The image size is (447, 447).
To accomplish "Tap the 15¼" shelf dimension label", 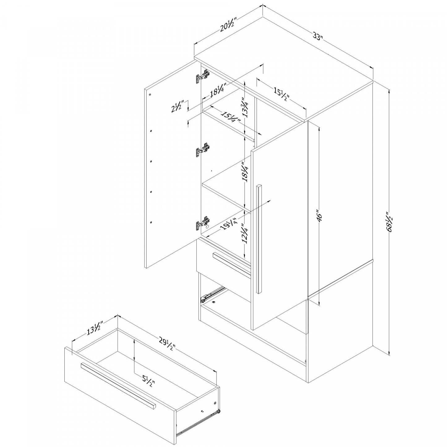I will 230,117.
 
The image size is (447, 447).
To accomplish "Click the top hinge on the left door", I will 202,76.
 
